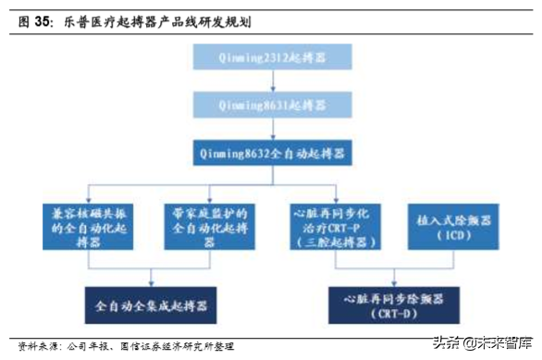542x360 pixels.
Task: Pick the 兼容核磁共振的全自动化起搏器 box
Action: pyautogui.click(x=94, y=226)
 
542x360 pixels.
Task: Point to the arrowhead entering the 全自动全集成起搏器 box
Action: pyautogui.click(x=152, y=280)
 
